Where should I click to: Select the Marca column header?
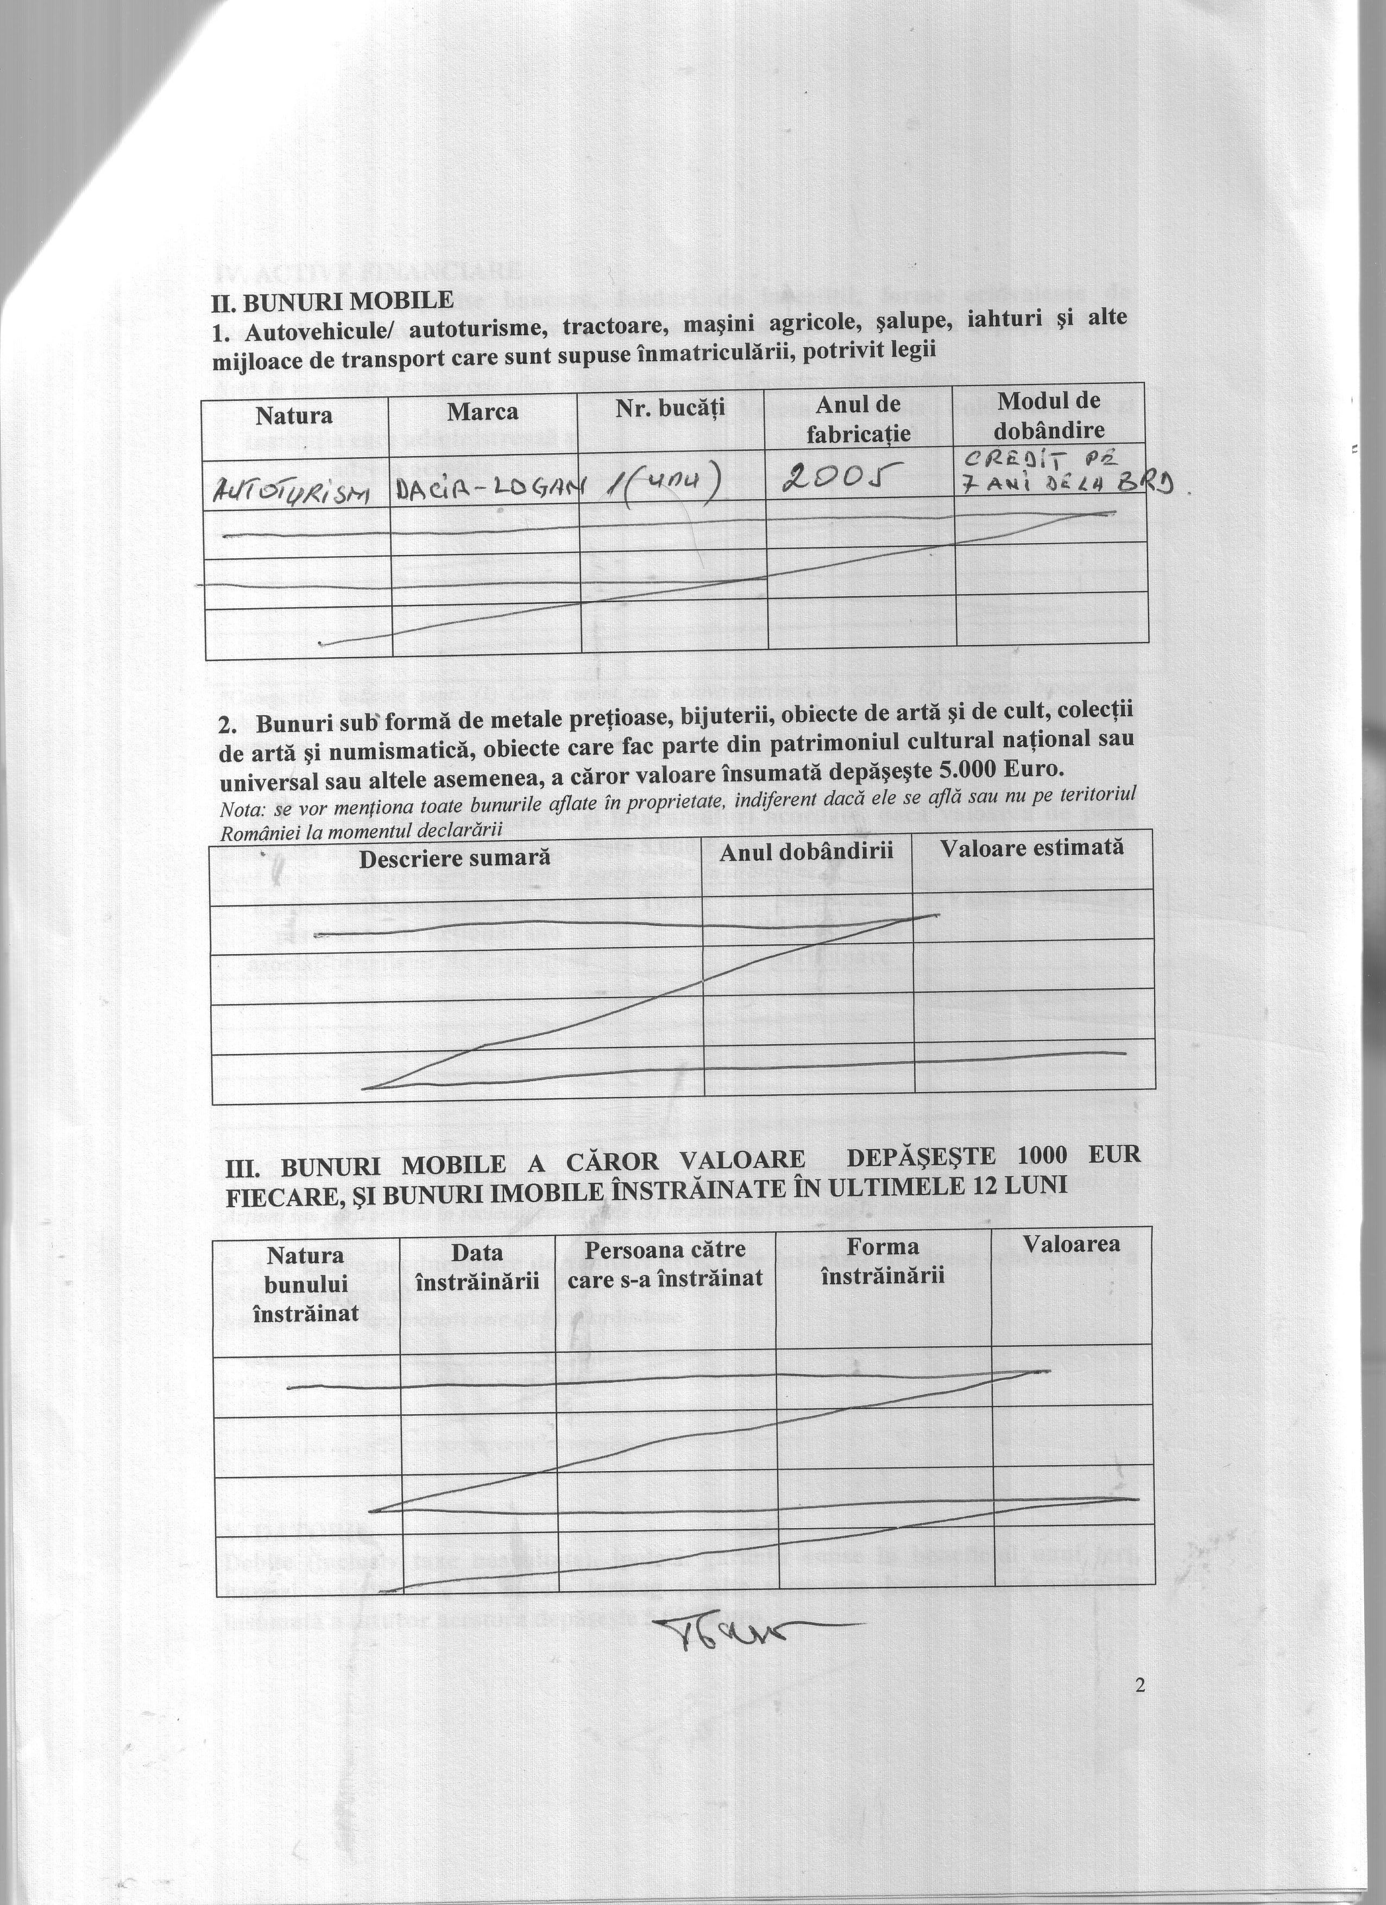[482, 412]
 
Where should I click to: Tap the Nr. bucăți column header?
[670, 408]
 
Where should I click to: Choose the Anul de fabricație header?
[858, 418]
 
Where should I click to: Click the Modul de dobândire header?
[1049, 415]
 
